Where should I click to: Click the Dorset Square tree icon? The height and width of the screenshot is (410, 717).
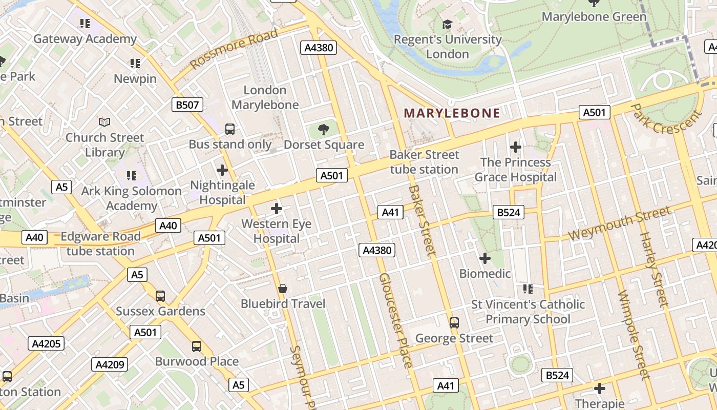tap(324, 129)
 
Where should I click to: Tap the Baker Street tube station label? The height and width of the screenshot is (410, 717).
tap(424, 162)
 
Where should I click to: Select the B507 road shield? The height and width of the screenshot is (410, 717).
tap(187, 105)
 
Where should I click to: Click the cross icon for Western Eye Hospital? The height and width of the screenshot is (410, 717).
tap(277, 209)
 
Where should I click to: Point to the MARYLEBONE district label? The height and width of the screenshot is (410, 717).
tap(452, 113)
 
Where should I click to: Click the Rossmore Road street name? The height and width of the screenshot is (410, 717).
tap(234, 49)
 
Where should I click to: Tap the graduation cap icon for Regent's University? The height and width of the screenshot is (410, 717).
tap(447, 24)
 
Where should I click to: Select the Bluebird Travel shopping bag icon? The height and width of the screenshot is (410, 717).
tap(282, 289)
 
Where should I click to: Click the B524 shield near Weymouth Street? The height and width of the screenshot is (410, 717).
tap(509, 212)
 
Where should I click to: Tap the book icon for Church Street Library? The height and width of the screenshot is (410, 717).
tap(104, 122)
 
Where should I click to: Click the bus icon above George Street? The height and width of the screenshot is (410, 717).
tap(454, 323)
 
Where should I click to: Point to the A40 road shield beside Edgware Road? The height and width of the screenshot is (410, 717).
tap(168, 225)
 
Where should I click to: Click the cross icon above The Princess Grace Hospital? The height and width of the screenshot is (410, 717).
tap(515, 148)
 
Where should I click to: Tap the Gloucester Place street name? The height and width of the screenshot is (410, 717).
tap(395, 320)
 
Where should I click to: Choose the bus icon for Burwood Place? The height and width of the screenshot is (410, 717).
tap(197, 346)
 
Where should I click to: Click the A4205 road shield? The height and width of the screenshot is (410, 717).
tap(46, 343)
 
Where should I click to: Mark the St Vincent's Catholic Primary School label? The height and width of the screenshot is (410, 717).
tap(528, 312)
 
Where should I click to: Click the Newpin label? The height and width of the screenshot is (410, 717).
tap(135, 78)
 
